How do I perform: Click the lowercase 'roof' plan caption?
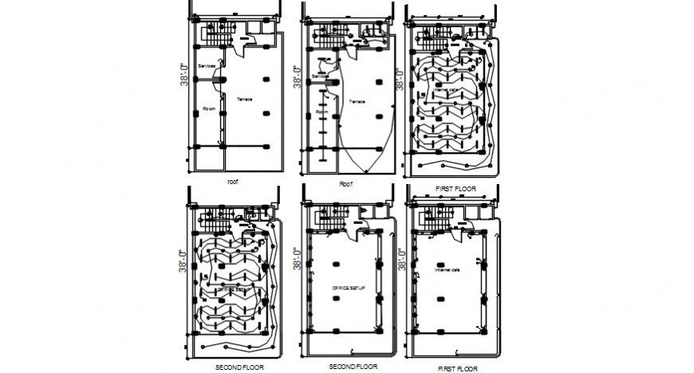[232, 182]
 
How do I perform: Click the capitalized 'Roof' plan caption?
[345, 183]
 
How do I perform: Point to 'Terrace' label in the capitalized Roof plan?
[356, 101]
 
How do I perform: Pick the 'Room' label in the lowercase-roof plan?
[210, 108]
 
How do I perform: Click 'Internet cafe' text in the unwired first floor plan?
[447, 270]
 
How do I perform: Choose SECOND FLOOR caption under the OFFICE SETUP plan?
[352, 367]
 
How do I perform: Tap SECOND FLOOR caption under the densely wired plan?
[240, 368]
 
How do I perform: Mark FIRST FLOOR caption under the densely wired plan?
[456, 188]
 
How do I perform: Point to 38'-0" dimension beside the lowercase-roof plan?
[184, 75]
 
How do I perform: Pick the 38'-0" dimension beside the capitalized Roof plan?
[297, 77]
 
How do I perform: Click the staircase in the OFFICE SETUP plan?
[328, 217]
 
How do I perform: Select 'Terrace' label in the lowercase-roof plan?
[245, 98]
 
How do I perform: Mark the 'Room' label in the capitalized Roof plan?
[321, 112]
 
